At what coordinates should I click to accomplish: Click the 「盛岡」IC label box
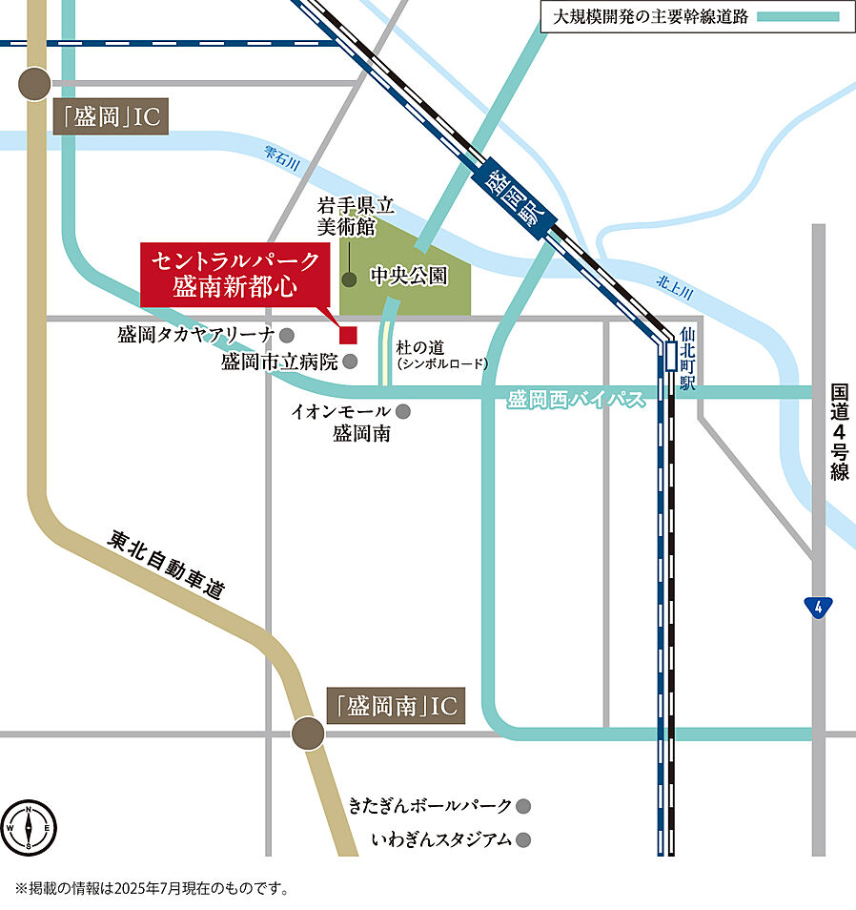[x=112, y=117]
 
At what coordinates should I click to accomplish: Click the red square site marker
[x=348, y=335]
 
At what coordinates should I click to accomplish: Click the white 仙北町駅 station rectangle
[x=670, y=357]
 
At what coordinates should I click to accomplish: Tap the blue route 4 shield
[x=817, y=607]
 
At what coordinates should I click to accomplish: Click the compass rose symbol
[x=30, y=826]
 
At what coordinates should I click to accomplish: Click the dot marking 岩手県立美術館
[x=350, y=279]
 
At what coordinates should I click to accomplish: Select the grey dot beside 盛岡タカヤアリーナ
[x=287, y=335]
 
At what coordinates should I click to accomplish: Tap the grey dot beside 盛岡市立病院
[x=350, y=362]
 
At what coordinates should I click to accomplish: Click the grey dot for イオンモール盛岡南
[x=403, y=411]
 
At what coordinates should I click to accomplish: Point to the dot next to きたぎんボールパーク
[x=522, y=806]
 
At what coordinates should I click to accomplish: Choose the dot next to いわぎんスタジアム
[x=522, y=840]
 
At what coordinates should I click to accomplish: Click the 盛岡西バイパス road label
[x=576, y=400]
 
